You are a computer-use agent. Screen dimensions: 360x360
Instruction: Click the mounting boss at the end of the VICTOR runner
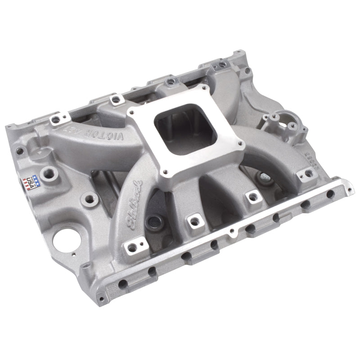[56, 120]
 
